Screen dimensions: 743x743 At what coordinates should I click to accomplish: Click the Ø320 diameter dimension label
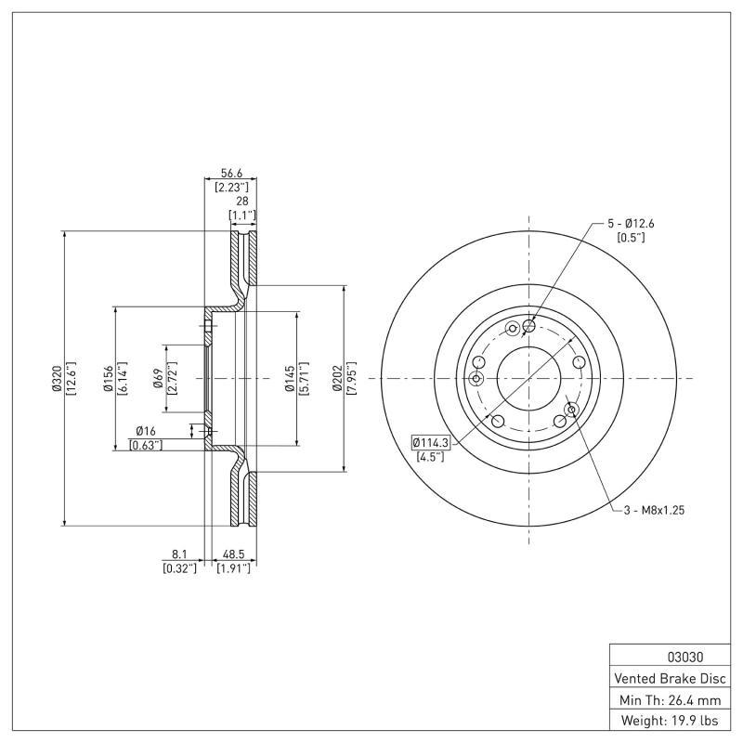point(57,378)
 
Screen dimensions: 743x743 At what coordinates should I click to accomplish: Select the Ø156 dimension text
point(109,378)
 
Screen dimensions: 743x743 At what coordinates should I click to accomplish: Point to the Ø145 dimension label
point(289,378)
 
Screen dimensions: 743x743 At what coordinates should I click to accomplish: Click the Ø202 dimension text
point(339,378)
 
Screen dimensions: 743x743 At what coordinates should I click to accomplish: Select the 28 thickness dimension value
point(242,201)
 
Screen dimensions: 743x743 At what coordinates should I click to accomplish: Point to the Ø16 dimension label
point(145,431)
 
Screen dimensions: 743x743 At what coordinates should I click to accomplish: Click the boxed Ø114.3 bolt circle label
point(430,443)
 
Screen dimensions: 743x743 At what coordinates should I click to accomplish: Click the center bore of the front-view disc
point(528,378)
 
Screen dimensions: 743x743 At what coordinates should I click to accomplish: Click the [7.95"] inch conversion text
point(352,378)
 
